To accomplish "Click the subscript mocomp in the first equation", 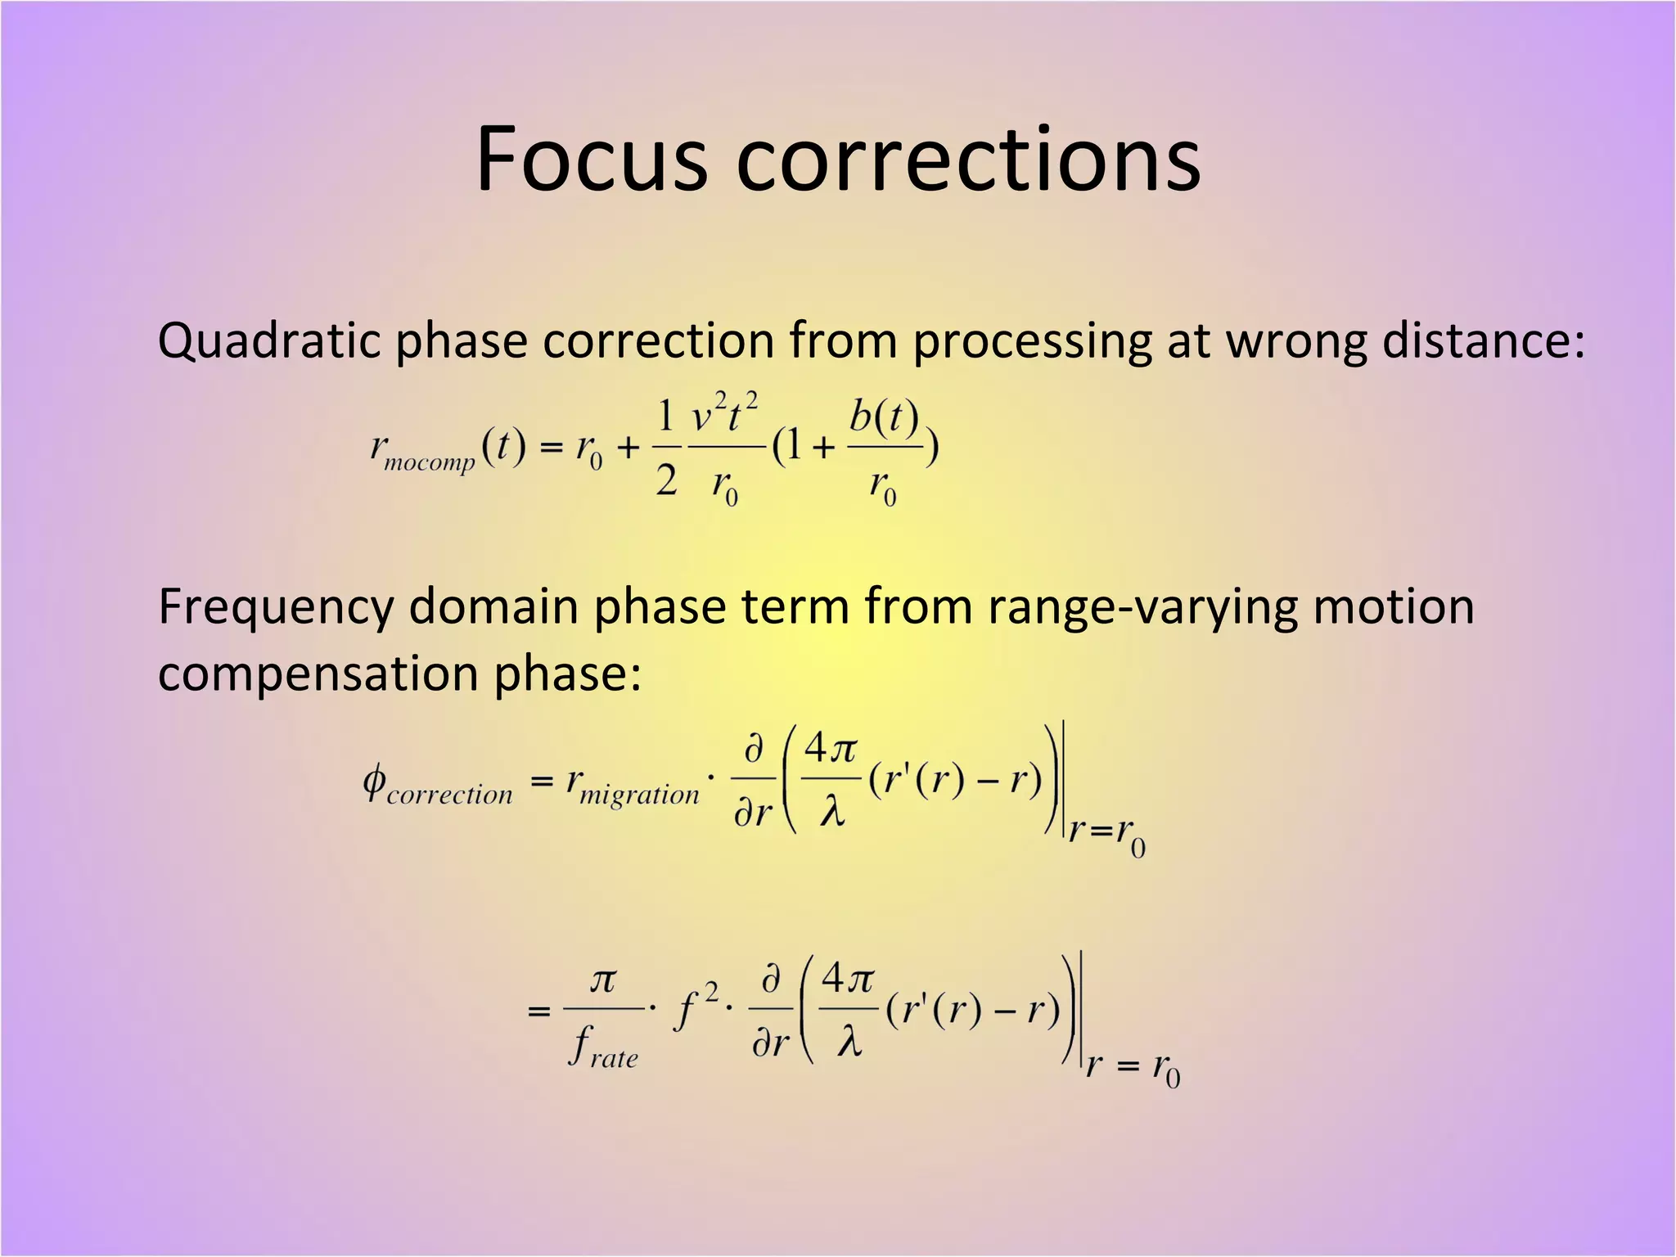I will pos(430,463).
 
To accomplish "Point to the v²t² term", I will pos(725,413).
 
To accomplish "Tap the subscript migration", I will pos(639,794).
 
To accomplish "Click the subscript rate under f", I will pos(614,1058).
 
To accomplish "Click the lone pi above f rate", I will pos(603,980).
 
